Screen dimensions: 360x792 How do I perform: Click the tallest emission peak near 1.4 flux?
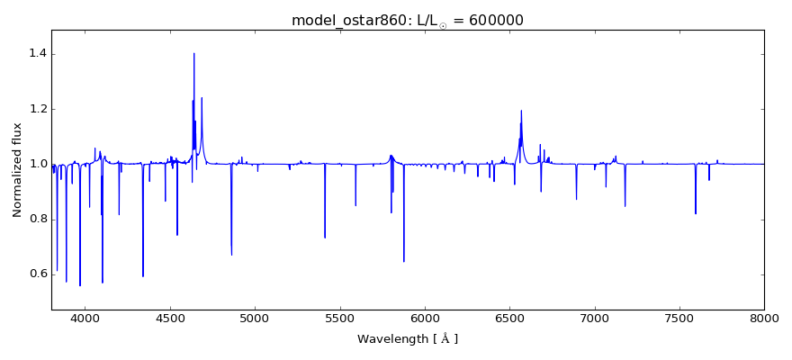click(x=193, y=53)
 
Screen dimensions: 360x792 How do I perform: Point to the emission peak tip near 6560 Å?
click(x=521, y=111)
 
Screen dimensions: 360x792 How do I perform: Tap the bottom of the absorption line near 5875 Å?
click(x=403, y=261)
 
